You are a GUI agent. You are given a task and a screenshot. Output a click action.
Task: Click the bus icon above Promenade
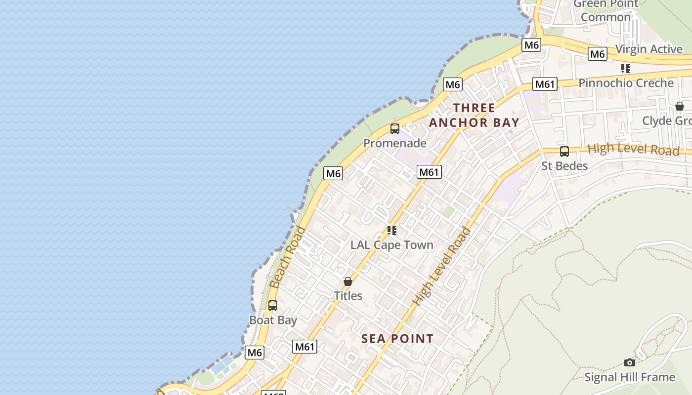[x=394, y=129]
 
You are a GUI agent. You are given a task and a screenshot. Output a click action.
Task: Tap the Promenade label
[x=394, y=143]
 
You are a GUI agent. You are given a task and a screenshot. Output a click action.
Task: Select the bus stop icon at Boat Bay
[x=273, y=306]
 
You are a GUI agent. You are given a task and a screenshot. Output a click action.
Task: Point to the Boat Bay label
[x=273, y=320]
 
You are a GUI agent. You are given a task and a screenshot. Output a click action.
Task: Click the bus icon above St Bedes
[x=564, y=152]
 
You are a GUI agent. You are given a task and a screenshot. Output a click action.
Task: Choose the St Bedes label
[x=564, y=166]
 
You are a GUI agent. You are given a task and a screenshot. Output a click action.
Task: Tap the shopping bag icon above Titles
[x=348, y=281]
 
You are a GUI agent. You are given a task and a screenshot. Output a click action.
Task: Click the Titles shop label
[x=348, y=296]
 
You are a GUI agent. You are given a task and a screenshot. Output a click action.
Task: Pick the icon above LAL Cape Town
[x=392, y=231]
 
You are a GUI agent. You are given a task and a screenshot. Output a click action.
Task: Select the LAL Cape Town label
[x=391, y=245]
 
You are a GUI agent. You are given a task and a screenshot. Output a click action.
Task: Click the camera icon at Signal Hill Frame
[x=629, y=363]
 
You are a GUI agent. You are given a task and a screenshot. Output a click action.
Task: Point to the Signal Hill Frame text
[x=629, y=377]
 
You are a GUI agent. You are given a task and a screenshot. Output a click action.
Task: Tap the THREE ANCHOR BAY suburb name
[x=474, y=115]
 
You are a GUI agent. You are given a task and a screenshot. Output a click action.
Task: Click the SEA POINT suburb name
[x=397, y=339]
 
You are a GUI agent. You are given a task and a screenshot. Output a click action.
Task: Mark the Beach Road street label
[x=288, y=257]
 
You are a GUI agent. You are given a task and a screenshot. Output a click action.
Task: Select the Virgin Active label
[x=649, y=49]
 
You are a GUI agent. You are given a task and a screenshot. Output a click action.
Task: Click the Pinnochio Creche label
[x=626, y=83]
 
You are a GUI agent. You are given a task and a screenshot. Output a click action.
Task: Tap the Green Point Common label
[x=606, y=10]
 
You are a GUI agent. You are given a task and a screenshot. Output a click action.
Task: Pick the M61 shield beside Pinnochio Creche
[x=545, y=84]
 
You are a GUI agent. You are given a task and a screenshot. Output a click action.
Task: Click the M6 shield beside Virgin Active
[x=597, y=54]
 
